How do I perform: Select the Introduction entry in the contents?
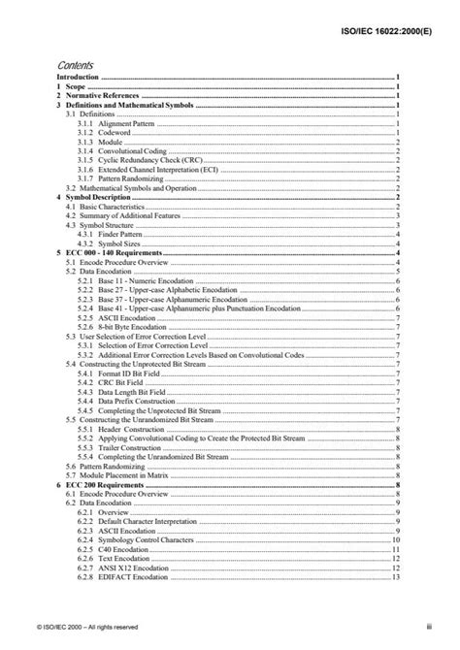pos(79,76)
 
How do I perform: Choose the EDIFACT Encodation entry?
pos(132,576)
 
